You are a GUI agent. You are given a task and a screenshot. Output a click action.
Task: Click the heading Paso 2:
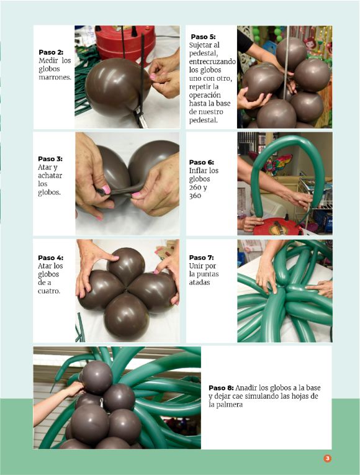coord(51,52)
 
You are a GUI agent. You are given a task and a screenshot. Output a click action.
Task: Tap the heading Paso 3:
coord(50,159)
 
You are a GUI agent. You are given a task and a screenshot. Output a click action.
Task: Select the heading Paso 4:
coord(50,258)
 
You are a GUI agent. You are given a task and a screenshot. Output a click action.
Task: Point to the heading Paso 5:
coord(203,37)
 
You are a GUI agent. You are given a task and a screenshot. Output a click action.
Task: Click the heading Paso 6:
coord(201,163)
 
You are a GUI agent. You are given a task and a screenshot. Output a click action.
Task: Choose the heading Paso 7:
coord(201,258)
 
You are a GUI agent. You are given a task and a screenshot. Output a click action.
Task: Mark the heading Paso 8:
coord(221,388)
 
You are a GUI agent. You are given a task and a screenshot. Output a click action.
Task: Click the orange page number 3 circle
coord(327,458)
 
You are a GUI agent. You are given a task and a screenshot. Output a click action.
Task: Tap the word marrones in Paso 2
coord(55,77)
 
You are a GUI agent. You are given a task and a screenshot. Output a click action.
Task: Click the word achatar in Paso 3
coord(50,176)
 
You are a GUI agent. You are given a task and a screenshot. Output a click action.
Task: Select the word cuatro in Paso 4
coord(49,291)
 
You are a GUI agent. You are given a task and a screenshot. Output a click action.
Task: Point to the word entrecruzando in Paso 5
coord(212,61)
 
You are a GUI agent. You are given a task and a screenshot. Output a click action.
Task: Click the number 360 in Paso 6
coord(195,196)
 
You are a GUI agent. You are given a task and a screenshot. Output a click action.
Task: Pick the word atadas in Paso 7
coord(199,283)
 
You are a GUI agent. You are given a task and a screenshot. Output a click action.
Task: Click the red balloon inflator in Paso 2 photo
coord(125,44)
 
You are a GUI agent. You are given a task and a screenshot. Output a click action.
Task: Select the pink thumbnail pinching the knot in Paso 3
coord(106,189)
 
